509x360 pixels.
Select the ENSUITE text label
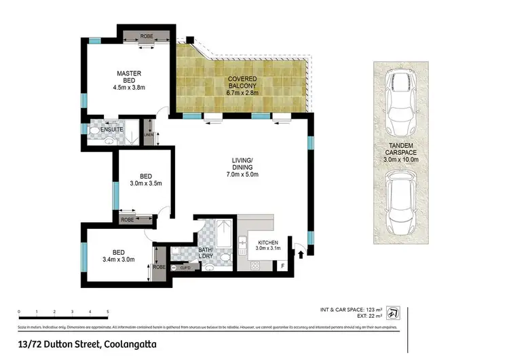111,129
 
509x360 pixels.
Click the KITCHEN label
268,242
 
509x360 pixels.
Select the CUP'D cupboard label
185,268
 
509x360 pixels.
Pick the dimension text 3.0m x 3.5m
146,183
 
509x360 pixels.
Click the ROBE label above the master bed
147,35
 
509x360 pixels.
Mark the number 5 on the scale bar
108,312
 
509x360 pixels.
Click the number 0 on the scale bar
20,312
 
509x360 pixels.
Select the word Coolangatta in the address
135,344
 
